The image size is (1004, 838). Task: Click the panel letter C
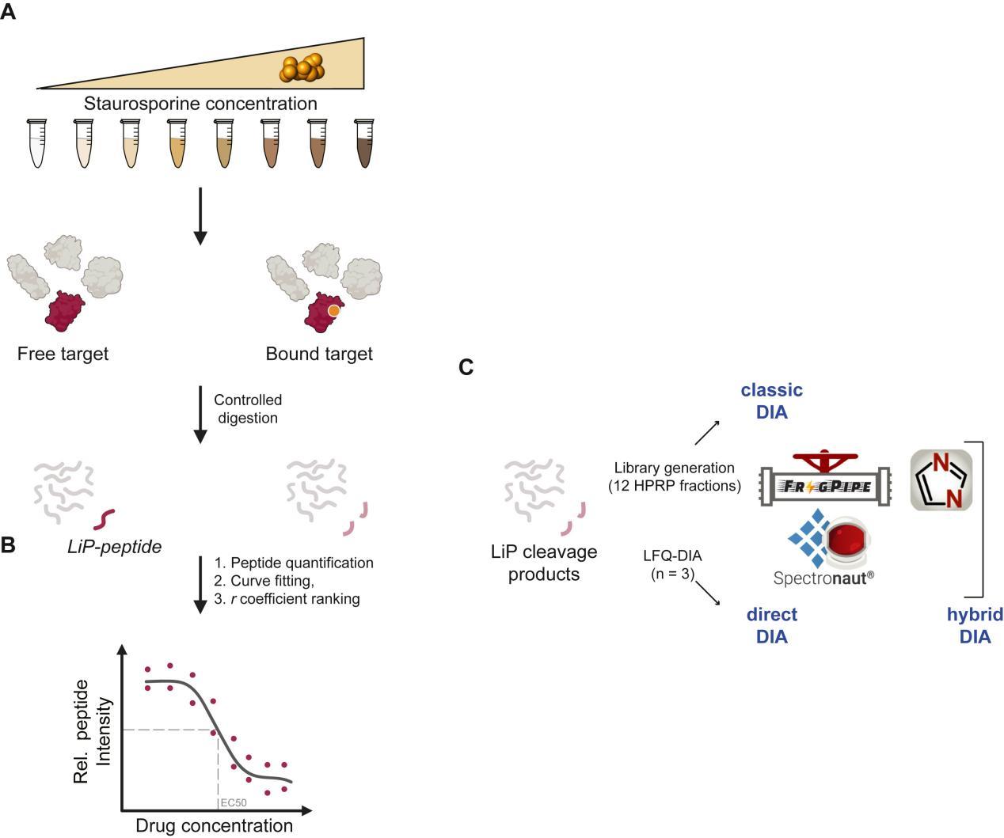click(x=466, y=367)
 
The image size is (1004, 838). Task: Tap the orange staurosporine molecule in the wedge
click(x=302, y=68)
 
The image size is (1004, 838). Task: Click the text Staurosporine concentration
click(x=200, y=104)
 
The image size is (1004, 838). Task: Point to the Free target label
click(x=63, y=354)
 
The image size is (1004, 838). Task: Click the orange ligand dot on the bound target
click(x=334, y=311)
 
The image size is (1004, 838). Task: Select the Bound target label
click(x=319, y=354)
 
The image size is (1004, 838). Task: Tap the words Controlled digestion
click(x=248, y=409)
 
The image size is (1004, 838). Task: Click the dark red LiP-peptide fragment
click(x=105, y=519)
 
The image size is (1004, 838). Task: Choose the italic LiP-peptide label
click(x=114, y=546)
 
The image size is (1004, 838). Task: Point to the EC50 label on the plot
click(x=234, y=802)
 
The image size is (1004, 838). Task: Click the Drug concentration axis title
click(x=214, y=825)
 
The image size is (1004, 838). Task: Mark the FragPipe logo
click(x=825, y=480)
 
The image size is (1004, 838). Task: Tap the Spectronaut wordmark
click(x=823, y=578)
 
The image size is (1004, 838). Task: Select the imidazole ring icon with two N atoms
click(x=941, y=480)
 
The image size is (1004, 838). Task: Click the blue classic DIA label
click(x=771, y=401)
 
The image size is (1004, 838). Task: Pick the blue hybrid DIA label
click(x=975, y=625)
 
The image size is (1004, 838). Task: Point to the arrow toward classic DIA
click(x=707, y=433)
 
